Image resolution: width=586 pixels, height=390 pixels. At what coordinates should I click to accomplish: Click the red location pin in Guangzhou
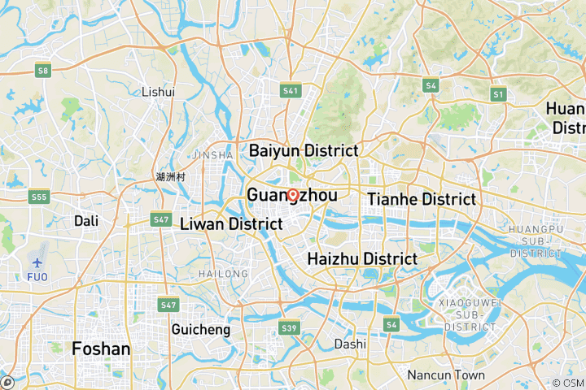tap(292, 195)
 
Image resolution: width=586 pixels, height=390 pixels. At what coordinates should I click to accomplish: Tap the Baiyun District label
tap(304, 150)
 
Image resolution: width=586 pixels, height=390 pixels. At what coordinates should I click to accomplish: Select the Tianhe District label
tap(422, 199)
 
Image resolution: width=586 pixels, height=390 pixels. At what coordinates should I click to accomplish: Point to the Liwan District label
tap(231, 223)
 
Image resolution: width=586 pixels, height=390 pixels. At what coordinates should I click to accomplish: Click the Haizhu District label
tap(362, 259)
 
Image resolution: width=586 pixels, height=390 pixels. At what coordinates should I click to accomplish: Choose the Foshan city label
tap(101, 349)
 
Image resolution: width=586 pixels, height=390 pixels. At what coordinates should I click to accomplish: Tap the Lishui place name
tap(158, 92)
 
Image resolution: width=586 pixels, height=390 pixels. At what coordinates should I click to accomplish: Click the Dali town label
tap(86, 220)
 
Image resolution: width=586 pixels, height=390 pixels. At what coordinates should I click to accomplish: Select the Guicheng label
tap(201, 330)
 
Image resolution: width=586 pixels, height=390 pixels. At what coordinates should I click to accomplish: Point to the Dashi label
tap(350, 344)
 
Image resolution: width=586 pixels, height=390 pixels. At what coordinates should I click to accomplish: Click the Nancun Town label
tap(446, 375)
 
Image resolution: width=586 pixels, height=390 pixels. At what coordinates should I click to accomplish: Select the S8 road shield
tap(44, 71)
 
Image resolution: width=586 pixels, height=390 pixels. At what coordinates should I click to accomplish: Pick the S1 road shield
tap(498, 95)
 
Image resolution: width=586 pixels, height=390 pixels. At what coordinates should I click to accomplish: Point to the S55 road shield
tap(37, 197)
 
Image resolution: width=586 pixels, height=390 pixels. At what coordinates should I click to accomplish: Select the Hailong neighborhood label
tap(223, 274)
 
